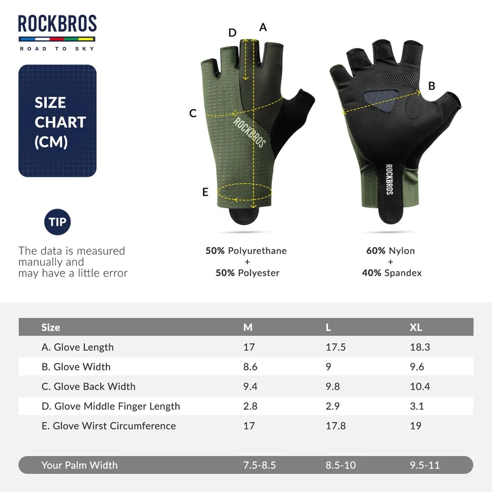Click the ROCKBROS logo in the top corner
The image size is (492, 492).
point(57,33)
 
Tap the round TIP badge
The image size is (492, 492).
point(57,222)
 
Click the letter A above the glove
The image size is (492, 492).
point(263,28)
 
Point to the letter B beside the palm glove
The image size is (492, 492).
point(432,86)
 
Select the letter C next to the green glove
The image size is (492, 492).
point(193,113)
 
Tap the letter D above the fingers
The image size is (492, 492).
point(232,33)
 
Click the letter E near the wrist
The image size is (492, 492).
point(205,192)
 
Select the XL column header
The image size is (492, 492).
point(416,327)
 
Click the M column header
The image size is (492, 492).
point(248,327)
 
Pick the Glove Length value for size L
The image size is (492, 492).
point(335,347)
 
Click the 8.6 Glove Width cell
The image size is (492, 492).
point(250,367)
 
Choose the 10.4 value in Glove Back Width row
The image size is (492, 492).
point(420,386)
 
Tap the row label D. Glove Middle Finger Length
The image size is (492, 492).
point(111,406)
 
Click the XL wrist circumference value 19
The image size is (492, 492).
point(416,426)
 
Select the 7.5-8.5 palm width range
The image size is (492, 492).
point(260,465)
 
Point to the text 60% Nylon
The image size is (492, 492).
point(391,251)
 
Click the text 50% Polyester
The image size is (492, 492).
point(247,273)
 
